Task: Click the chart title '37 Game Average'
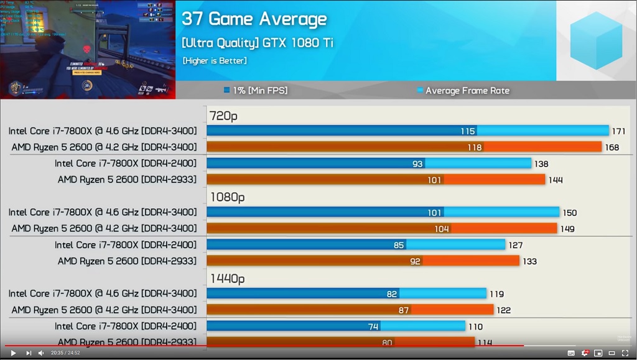(254, 19)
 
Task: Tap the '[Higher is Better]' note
(215, 61)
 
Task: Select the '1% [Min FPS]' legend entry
(256, 91)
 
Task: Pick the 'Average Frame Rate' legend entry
(463, 91)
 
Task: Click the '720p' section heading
(223, 116)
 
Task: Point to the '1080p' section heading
(227, 197)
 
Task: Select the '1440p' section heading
(227, 279)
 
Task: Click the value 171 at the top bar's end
(618, 131)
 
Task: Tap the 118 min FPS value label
(475, 147)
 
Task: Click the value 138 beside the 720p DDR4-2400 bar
(542, 164)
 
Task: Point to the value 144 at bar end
(556, 180)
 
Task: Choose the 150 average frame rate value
(570, 213)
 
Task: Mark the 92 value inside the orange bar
(415, 262)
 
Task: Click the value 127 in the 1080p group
(515, 246)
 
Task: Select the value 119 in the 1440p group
(496, 294)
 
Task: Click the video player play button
(13, 353)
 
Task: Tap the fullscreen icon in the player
(625, 353)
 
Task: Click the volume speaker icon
(41, 353)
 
